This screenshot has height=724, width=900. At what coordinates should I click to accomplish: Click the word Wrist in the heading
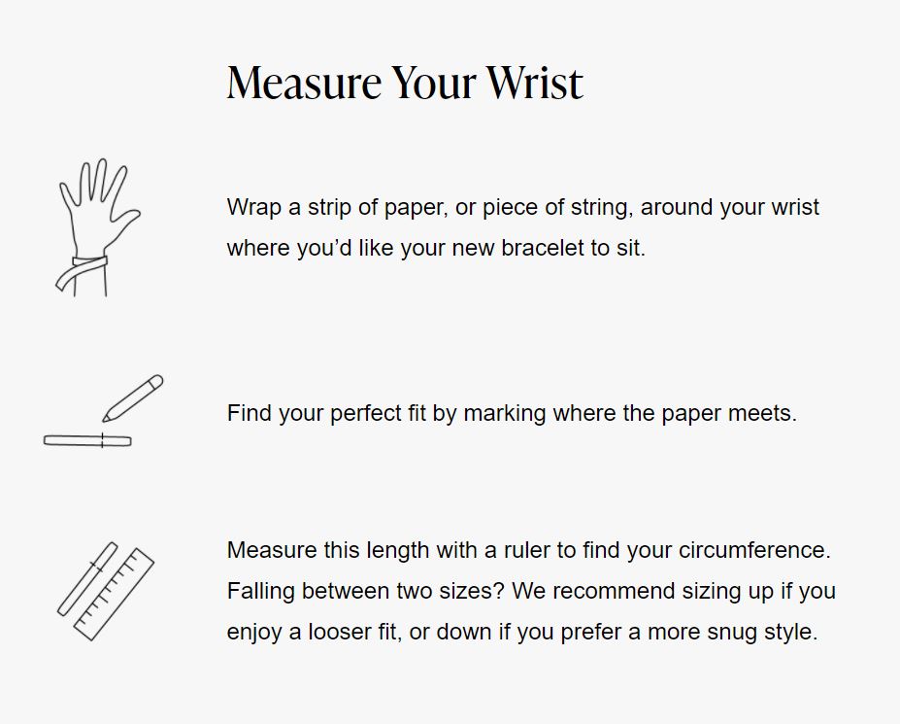[x=535, y=83]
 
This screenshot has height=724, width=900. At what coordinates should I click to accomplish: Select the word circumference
[x=754, y=550]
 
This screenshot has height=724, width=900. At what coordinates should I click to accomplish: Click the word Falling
[x=261, y=591]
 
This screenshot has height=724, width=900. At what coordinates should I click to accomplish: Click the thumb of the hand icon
[x=127, y=219]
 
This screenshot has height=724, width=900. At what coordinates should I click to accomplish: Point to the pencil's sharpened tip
[x=105, y=419]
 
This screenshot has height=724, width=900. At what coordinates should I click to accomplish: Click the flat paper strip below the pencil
[x=87, y=441]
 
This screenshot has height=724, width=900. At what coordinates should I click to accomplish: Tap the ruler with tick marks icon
[x=115, y=594]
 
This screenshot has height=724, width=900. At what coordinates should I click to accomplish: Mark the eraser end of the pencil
[x=156, y=381]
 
